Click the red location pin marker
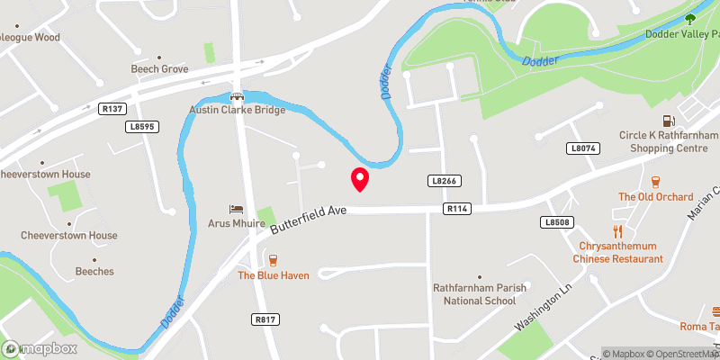pyautogui.click(x=359, y=179)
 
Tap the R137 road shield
pyautogui.click(x=112, y=108)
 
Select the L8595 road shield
pyautogui.click(x=143, y=127)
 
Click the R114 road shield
pyautogui.click(x=457, y=209)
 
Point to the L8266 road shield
pyautogui.click(x=445, y=181)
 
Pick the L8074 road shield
pyautogui.click(x=583, y=148)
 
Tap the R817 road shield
pyautogui.click(x=264, y=319)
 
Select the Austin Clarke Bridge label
pyautogui.click(x=237, y=110)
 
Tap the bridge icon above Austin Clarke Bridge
pyautogui.click(x=237, y=95)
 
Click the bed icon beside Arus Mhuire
pyautogui.click(x=237, y=209)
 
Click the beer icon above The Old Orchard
pyautogui.click(x=655, y=181)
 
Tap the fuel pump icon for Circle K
pyautogui.click(x=668, y=121)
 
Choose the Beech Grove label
pyautogui.click(x=158, y=68)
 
